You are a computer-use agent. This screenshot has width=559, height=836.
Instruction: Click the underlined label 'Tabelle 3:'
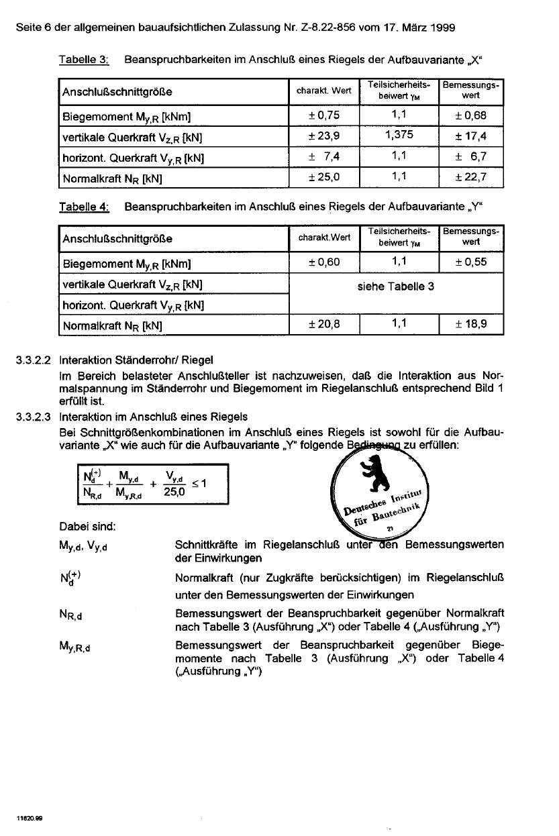point(84,60)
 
